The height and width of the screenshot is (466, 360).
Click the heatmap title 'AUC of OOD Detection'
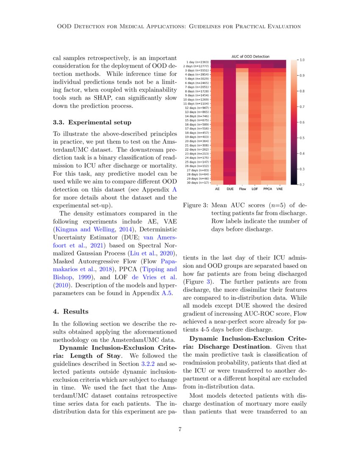point(250,56)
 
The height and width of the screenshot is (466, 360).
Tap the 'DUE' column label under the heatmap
point(230,189)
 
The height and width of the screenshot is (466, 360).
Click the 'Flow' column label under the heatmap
point(243,189)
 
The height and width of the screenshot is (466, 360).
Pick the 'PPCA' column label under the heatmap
point(267,189)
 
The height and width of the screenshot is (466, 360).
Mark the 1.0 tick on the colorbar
point(302,60)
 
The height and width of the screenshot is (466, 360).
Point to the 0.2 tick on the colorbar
point(302,185)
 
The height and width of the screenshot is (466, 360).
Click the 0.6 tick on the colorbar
point(302,122)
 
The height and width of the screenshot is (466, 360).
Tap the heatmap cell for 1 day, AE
point(218,62)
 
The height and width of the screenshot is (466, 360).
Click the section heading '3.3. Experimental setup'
point(92,123)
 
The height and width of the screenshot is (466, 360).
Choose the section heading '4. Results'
point(70,311)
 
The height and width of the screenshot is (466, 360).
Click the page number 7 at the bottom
point(180,430)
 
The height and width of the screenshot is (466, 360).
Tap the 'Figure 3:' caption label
point(195,205)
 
